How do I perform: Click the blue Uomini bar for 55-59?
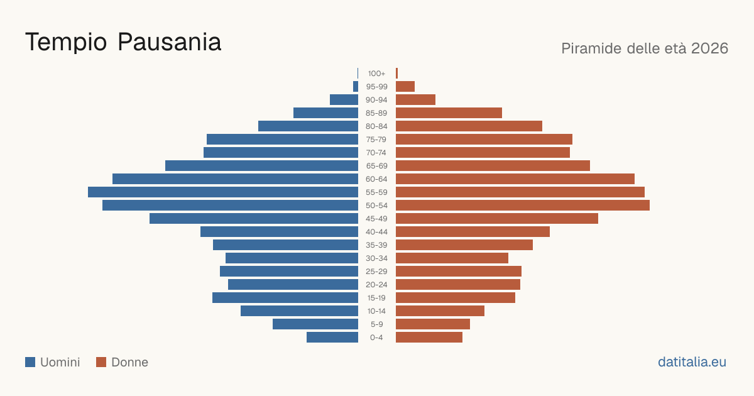(x=223, y=192)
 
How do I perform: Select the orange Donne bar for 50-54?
(x=523, y=206)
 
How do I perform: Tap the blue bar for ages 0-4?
(x=332, y=338)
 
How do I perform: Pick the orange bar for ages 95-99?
(x=405, y=87)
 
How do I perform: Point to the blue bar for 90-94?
(x=344, y=100)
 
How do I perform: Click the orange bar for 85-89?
(x=449, y=113)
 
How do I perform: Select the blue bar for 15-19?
(x=285, y=298)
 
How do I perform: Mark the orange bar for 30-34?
(x=452, y=258)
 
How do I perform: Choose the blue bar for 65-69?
(x=261, y=166)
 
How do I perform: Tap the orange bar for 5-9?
(x=433, y=324)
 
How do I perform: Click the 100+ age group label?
(x=376, y=74)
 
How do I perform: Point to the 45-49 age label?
(x=376, y=219)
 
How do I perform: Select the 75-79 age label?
(x=376, y=140)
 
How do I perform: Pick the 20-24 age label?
(x=376, y=285)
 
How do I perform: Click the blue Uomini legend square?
(x=30, y=362)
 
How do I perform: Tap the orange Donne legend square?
(x=101, y=362)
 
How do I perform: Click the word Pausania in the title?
(x=169, y=42)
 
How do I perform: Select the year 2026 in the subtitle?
(x=709, y=48)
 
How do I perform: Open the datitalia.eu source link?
(x=692, y=362)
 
